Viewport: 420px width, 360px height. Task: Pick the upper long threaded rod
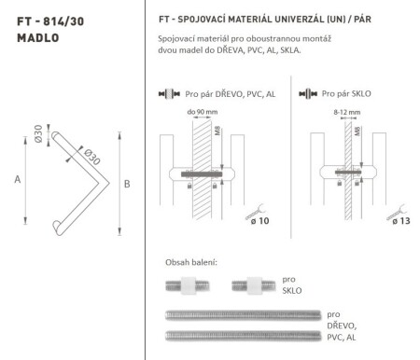243,314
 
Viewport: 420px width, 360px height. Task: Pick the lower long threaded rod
243,335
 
